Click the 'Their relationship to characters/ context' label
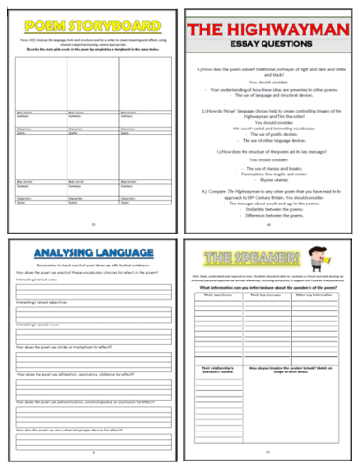(222, 386)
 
